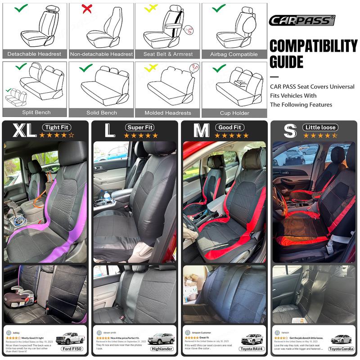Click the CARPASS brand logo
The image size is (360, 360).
[301, 20]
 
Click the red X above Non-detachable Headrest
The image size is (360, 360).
[86, 8]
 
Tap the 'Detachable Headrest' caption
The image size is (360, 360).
[34, 54]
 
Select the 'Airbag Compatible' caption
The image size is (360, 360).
[234, 54]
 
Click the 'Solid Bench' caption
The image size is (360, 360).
[102, 113]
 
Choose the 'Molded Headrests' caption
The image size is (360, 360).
[167, 113]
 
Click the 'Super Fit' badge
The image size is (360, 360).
[140, 127]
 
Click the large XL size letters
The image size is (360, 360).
[24, 130]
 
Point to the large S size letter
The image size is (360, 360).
[290, 130]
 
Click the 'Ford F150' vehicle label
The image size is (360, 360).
[72, 349]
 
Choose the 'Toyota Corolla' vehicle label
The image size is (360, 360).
[341, 349]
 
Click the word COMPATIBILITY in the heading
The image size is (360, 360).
[313, 46]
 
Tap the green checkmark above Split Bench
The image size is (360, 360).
[21, 67]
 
